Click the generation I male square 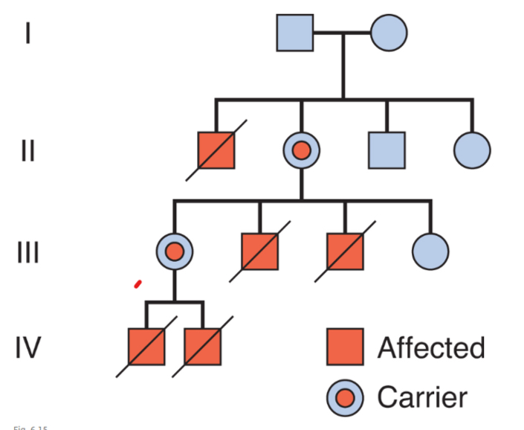[x=295, y=33]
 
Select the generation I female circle [x=389, y=33]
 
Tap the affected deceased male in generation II [x=216, y=150]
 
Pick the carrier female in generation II [x=301, y=150]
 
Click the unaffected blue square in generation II [x=386, y=150]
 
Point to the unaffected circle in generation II [x=472, y=150]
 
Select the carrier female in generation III [x=174, y=251]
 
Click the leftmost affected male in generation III [x=259, y=251]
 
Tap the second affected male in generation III [x=345, y=251]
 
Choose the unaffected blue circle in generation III [x=430, y=251]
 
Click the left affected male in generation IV [x=146, y=347]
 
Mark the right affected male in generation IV [x=203, y=347]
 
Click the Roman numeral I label [x=28, y=33]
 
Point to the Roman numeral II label [x=28, y=151]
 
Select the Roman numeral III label [x=28, y=252]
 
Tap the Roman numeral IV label [x=28, y=347]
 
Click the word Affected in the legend [x=430, y=348]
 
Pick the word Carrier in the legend [x=421, y=397]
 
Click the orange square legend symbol [x=345, y=347]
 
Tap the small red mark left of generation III [x=138, y=283]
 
